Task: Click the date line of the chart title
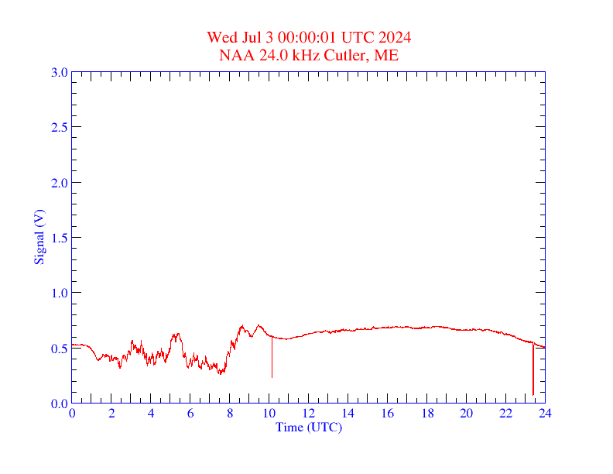pos(309,37)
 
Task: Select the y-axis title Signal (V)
pos(39,237)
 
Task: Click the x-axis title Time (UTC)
pos(309,427)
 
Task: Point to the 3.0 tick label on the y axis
pos(59,72)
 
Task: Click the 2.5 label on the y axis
pos(59,127)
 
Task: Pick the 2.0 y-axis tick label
pos(59,183)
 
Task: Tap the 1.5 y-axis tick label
pos(59,238)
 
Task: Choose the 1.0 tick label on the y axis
pos(59,293)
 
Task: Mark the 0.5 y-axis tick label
pos(59,349)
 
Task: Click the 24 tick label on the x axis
pos(545,414)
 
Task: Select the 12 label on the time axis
pos(309,414)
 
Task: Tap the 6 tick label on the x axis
pos(190,414)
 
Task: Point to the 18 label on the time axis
pos(427,414)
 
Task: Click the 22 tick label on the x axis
pos(506,414)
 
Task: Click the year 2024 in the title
pos(395,37)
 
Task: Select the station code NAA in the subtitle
pos(234,55)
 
